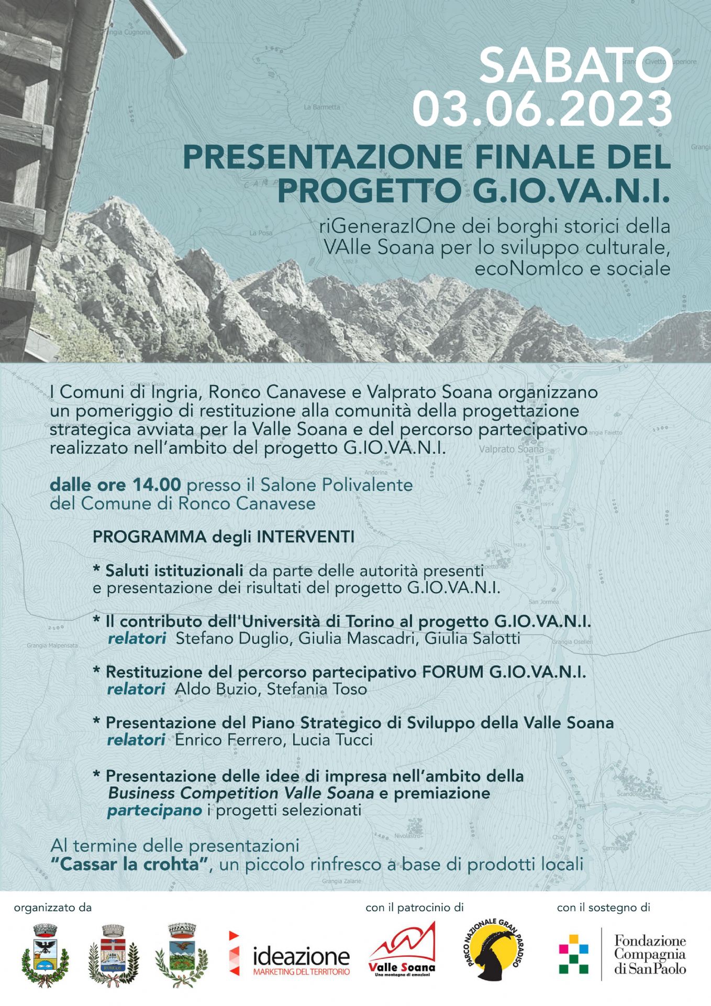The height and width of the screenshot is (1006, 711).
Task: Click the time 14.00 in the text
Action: pos(157,485)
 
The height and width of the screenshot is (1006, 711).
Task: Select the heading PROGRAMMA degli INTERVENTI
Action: pos(224,537)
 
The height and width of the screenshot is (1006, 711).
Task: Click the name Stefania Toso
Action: pos(317,690)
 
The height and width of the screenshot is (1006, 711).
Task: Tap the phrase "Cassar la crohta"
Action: pos(130,864)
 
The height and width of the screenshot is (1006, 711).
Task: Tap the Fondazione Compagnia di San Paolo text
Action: pos(650,954)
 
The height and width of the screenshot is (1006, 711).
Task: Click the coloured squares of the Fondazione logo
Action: pos(573,954)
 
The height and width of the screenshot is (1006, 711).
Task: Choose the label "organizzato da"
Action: pos(53,907)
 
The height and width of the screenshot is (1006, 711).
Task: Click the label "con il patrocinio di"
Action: pos(414,907)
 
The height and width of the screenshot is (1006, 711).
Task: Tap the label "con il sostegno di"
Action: pos(603,907)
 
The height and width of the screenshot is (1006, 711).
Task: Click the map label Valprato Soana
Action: pos(511,449)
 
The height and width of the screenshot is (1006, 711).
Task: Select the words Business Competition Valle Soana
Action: pos(241,793)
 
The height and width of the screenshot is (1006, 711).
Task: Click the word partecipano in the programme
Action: pos(154,811)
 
